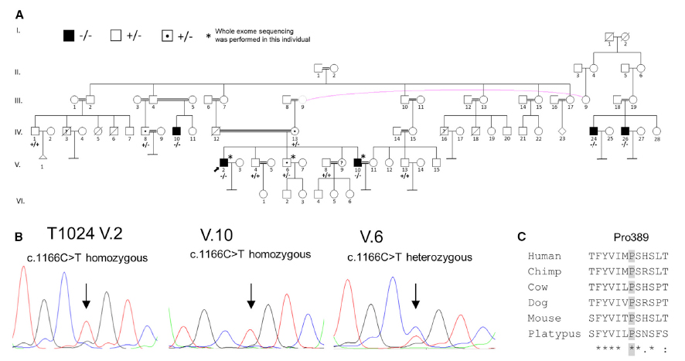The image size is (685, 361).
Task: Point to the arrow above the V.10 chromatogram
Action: coord(250,295)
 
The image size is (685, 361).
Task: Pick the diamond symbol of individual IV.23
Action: coord(560,131)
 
